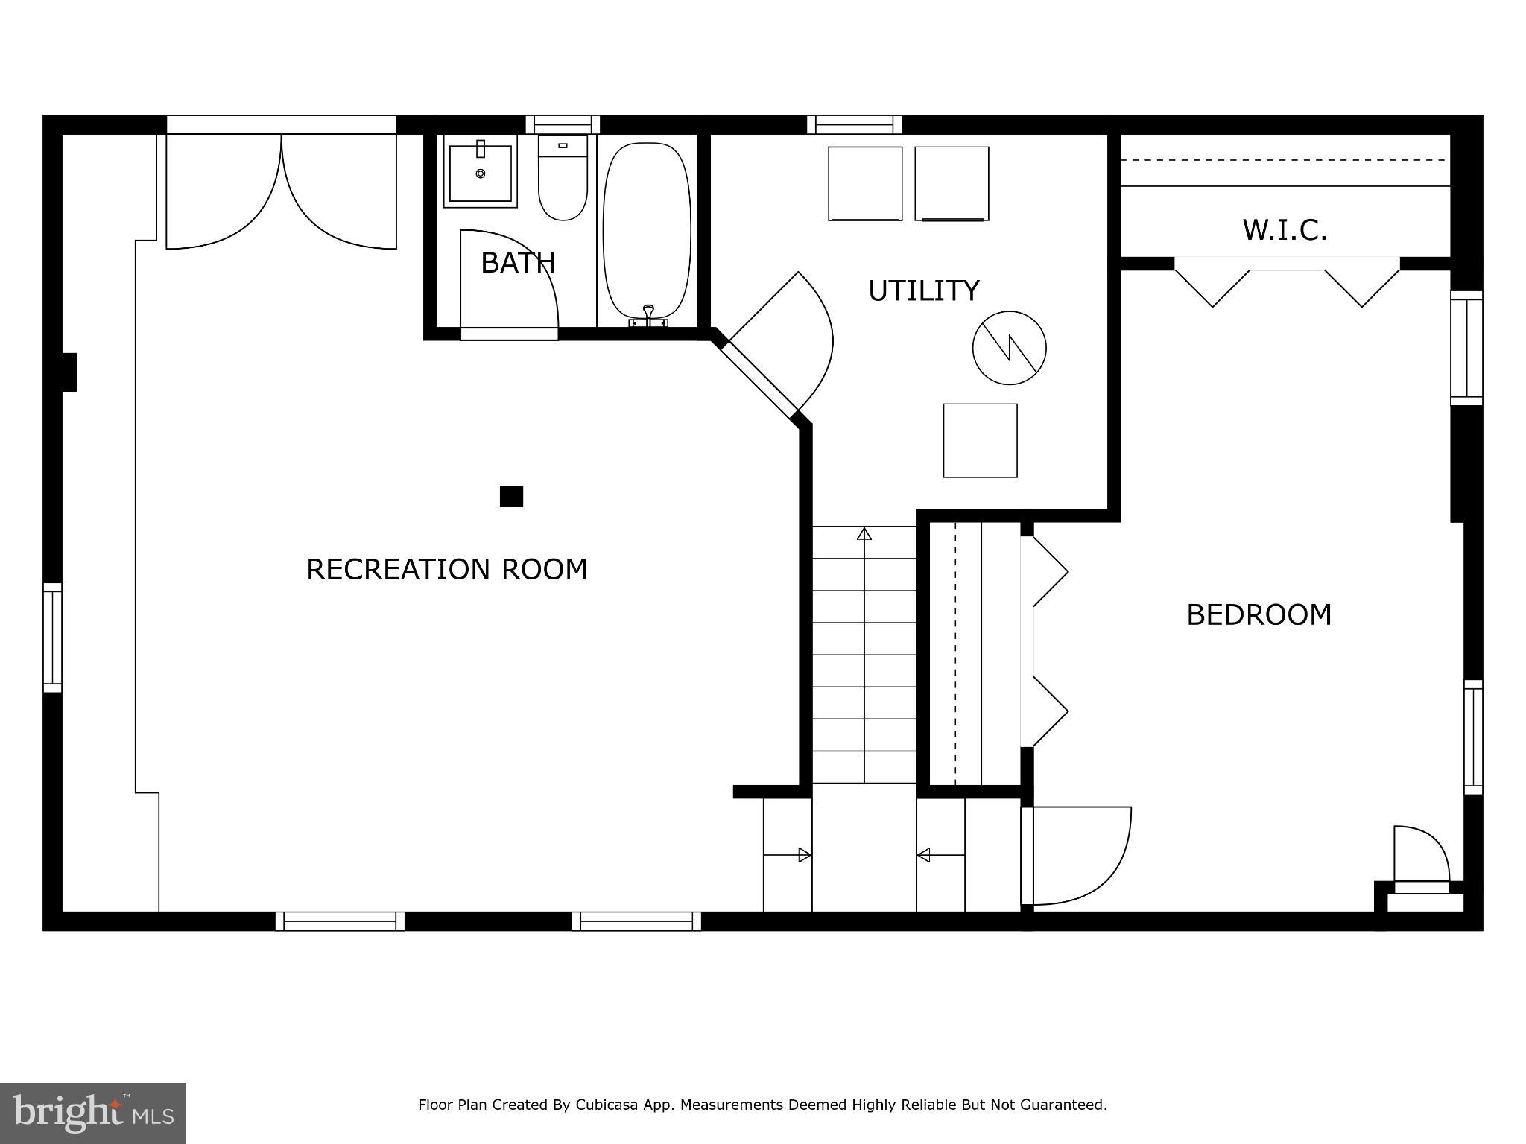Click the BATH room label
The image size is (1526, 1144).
[x=518, y=263]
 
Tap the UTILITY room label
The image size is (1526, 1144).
[x=923, y=290]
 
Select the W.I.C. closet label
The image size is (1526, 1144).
[x=1285, y=230]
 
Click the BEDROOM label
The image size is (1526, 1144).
[x=1259, y=615]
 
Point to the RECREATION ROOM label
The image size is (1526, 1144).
[x=447, y=570]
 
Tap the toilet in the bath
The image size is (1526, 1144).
[x=563, y=179]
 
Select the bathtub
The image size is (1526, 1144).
[x=646, y=231]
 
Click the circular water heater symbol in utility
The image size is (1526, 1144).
[x=1009, y=348]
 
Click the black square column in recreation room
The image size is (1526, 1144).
[x=511, y=496]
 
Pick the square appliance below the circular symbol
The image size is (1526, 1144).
[x=980, y=440]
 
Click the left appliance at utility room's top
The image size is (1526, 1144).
[x=865, y=183]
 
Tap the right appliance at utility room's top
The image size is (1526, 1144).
[x=952, y=183]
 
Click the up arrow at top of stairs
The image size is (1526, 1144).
[x=864, y=534]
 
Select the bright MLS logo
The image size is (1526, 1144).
[x=93, y=1113]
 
